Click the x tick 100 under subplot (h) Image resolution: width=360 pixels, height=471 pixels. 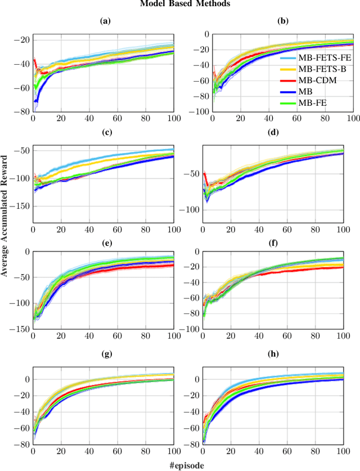click(344, 452)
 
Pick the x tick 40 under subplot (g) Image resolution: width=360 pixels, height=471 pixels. click(89, 452)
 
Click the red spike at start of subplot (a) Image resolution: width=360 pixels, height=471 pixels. click(35, 60)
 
